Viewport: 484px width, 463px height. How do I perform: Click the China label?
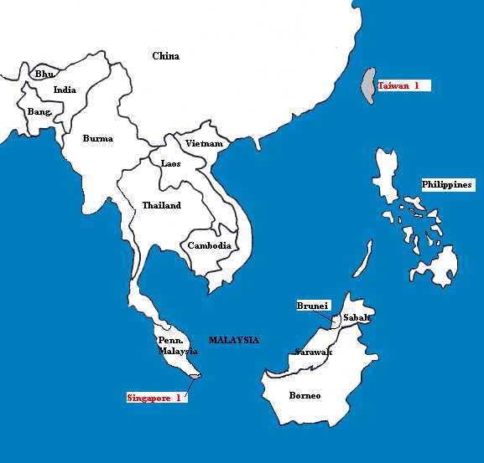click(165, 56)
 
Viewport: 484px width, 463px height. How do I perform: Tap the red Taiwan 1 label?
click(403, 85)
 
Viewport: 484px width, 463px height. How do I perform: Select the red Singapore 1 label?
click(154, 398)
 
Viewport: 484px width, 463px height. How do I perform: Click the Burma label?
click(97, 138)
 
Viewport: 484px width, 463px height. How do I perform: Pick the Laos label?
click(170, 163)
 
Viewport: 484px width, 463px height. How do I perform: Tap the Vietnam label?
click(204, 143)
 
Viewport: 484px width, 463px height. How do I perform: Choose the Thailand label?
click(161, 205)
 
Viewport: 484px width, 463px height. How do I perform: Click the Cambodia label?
click(209, 245)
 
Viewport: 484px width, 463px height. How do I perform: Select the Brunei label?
click(313, 306)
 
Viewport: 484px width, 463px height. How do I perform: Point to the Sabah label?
click(356, 319)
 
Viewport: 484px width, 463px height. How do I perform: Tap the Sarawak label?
click(313, 352)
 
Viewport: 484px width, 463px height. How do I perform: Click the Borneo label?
click(304, 395)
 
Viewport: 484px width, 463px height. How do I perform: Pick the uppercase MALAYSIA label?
click(234, 340)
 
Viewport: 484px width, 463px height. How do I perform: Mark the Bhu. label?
click(44, 75)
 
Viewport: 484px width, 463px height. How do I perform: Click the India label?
click(65, 90)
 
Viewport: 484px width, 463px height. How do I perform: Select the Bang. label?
click(39, 111)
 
